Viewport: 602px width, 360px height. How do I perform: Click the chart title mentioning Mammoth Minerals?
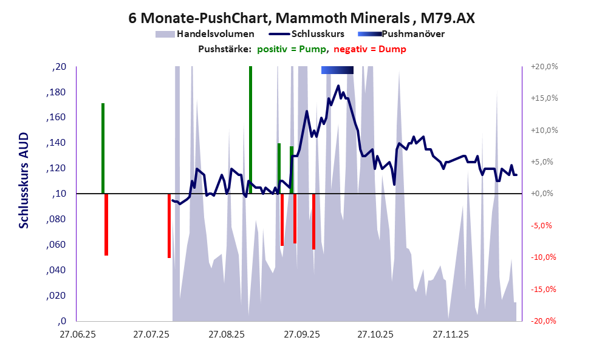[x=301, y=18]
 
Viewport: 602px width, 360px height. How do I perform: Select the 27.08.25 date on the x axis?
[x=225, y=334]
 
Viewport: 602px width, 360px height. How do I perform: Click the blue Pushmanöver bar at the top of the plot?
[x=337, y=70]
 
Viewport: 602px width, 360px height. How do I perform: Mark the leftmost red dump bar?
[x=106, y=224]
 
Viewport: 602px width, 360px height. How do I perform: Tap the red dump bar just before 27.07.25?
[x=169, y=225]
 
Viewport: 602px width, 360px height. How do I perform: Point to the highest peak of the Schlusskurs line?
[x=338, y=86]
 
